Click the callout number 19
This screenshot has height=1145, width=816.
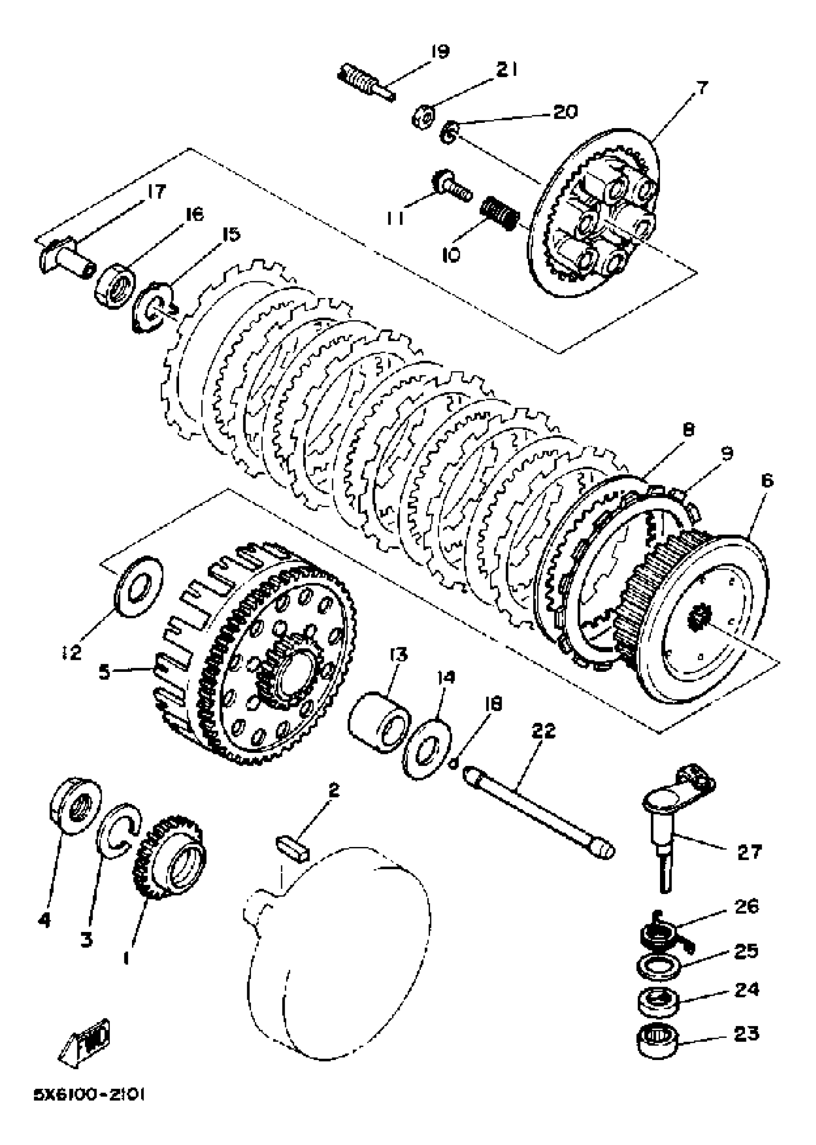click(440, 52)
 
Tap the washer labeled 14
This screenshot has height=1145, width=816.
click(428, 748)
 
